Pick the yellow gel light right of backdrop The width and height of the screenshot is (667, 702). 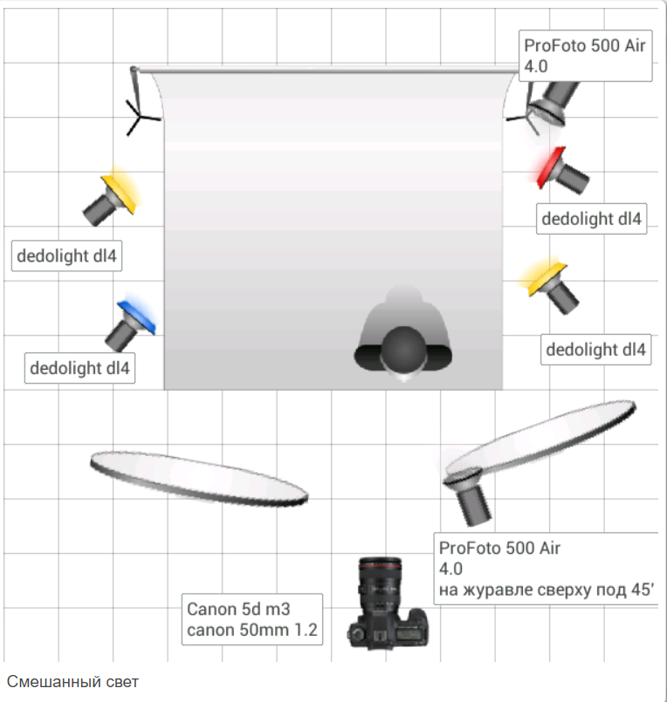tap(554, 284)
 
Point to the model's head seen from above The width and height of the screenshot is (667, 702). tap(403, 350)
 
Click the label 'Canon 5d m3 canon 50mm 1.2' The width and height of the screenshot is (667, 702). tap(251, 619)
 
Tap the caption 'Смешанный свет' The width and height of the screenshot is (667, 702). tap(72, 681)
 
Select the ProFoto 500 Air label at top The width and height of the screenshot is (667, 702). tap(585, 56)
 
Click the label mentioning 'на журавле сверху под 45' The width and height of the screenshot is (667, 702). tap(547, 569)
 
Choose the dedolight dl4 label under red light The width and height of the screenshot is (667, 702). tap(591, 219)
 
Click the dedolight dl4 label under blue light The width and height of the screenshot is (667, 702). tap(79, 368)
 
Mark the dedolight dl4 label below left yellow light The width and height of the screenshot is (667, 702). tap(66, 256)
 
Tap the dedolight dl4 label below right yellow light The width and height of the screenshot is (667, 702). tap(596, 350)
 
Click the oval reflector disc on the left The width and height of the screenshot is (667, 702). tap(198, 477)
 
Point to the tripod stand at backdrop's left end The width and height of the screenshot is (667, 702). tap(140, 109)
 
